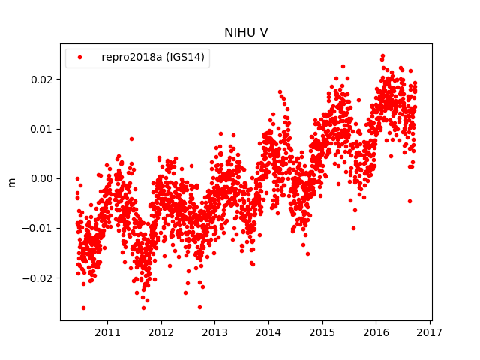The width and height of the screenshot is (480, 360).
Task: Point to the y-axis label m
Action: click(11, 182)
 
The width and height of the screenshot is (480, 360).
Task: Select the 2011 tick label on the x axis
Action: click(107, 331)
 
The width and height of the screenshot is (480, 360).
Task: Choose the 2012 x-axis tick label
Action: click(161, 331)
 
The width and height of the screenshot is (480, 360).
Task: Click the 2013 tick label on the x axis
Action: click(214, 331)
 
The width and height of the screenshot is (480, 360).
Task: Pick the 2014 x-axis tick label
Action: click(268, 331)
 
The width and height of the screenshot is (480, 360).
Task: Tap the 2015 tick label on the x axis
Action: click(322, 331)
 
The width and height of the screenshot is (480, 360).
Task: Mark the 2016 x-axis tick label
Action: click(376, 331)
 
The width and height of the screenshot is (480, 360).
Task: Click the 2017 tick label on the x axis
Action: click(430, 331)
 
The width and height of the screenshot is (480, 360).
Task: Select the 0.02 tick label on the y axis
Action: click(43, 79)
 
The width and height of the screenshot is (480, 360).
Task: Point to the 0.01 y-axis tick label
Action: click(43, 129)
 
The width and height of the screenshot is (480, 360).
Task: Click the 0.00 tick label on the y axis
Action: click(43, 178)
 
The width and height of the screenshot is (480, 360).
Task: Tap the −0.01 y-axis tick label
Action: click(40, 228)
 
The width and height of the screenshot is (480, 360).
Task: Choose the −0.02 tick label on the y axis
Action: click(40, 277)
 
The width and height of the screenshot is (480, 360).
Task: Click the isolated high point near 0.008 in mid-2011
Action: click(131, 139)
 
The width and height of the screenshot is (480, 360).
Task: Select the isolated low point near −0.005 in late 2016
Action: click(409, 201)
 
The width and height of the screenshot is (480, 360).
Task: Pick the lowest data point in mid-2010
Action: click(83, 307)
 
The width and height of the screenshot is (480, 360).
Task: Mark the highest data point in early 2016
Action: click(382, 56)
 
